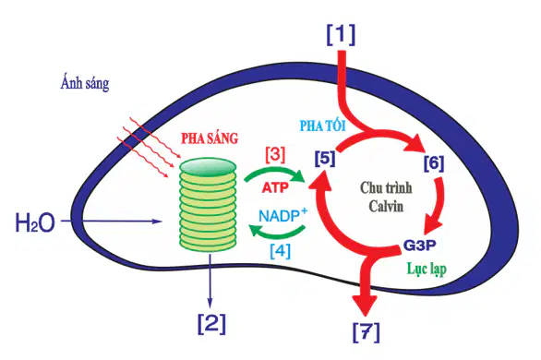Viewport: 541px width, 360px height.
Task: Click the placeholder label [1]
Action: [341, 34]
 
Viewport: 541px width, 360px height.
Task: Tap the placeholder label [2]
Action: [211, 323]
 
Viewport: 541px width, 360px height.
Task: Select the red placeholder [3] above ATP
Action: [275, 155]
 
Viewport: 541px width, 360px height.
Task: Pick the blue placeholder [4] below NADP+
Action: [280, 251]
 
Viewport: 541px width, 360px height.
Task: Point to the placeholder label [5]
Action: [325, 158]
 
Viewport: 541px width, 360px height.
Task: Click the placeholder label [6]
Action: [434, 163]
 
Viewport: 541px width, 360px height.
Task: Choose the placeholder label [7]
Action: [367, 332]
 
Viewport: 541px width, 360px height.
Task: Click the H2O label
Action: [35, 222]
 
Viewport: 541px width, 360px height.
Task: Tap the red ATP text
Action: [275, 188]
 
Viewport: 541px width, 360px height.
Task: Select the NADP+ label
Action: [283, 215]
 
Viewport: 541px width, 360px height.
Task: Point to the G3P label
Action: [419, 246]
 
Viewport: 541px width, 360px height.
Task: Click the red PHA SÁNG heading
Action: [210, 138]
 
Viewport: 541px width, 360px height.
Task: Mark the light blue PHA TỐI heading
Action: [322, 126]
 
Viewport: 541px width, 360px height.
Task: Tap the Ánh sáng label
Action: [85, 83]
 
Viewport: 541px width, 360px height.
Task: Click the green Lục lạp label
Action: [427, 269]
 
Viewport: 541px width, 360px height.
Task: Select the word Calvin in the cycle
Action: [386, 206]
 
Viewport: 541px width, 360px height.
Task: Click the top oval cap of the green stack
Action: [209, 166]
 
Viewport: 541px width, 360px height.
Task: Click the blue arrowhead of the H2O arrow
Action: [157, 221]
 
